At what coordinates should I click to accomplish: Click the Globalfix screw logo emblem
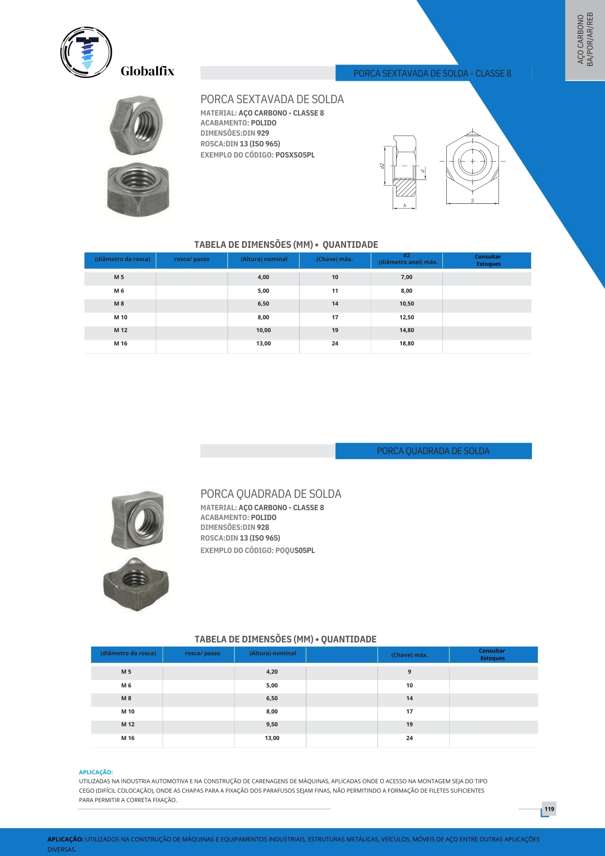[86, 52]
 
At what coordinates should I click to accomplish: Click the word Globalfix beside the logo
[147, 71]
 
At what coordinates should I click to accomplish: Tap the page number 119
[549, 809]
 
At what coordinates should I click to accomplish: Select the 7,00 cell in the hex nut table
[406, 277]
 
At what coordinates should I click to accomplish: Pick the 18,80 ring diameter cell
[406, 344]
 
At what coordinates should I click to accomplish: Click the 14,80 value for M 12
[406, 330]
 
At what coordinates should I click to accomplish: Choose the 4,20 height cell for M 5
[272, 672]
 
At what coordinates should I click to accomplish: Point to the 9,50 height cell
[272, 725]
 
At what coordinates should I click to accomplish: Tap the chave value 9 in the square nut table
[409, 672]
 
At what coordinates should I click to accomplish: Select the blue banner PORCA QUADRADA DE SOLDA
[433, 451]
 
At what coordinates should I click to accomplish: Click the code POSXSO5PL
[295, 155]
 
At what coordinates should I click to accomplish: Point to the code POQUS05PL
[295, 550]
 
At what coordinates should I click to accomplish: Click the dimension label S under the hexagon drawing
[472, 201]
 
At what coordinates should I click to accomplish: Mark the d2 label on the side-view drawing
[382, 166]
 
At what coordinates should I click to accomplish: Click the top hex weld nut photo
[137, 125]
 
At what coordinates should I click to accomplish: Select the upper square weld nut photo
[138, 520]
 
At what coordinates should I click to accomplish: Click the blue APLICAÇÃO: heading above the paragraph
[96, 772]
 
